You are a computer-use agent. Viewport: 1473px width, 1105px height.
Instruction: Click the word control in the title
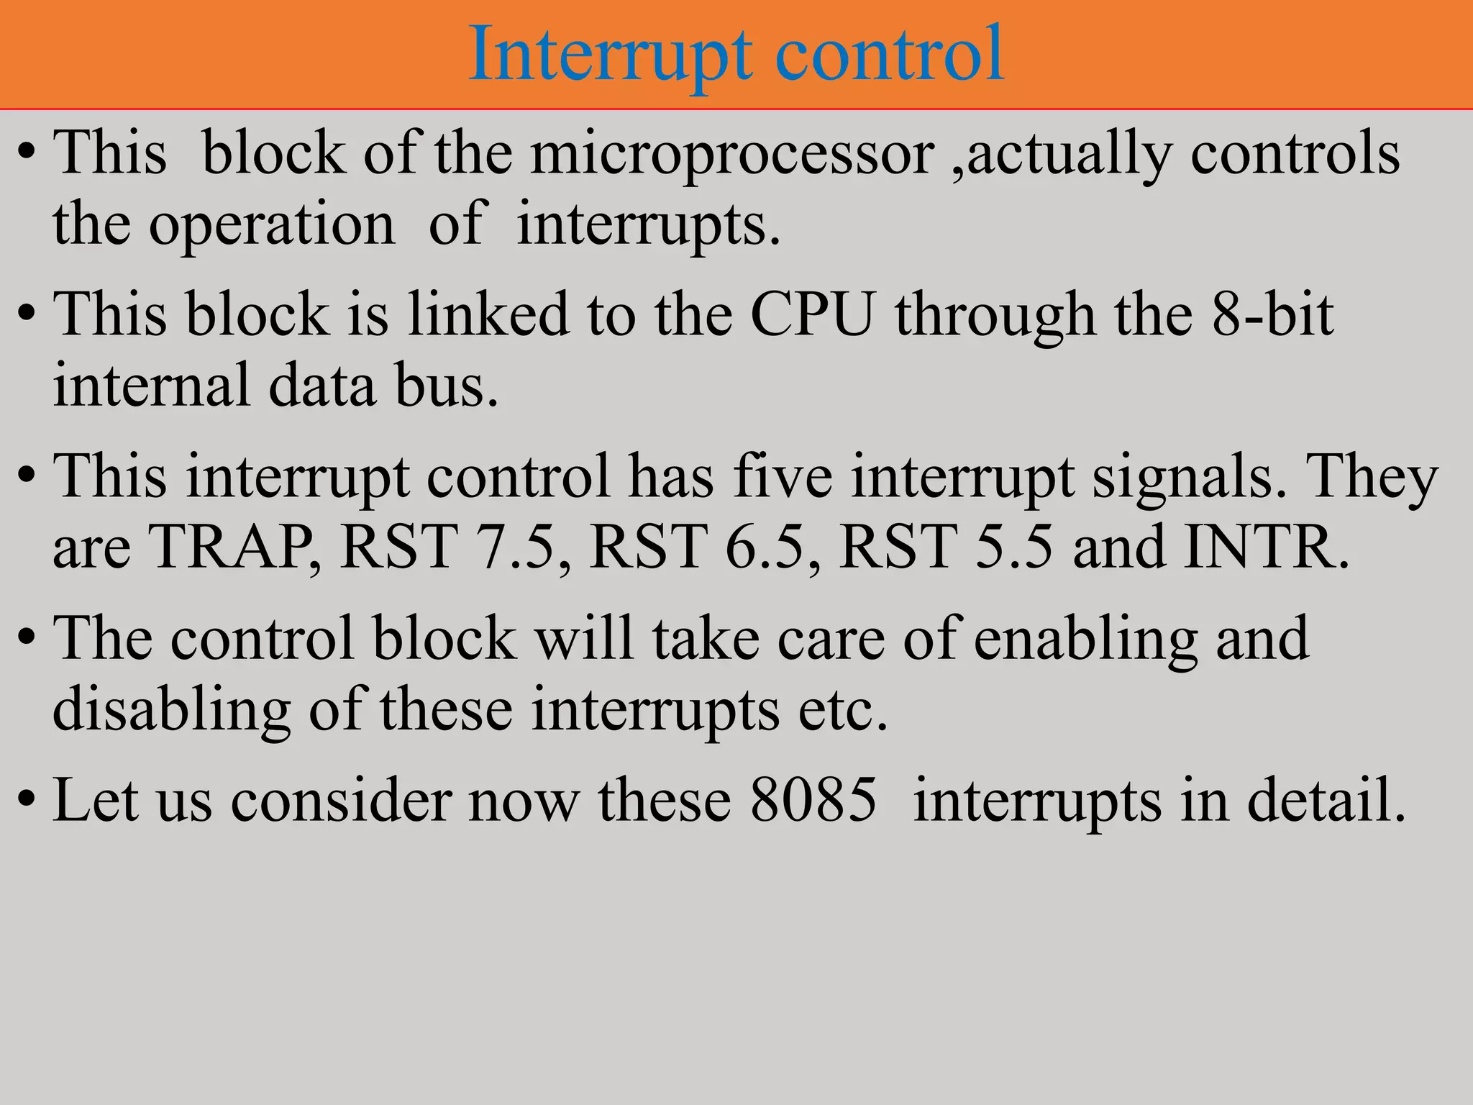click(890, 55)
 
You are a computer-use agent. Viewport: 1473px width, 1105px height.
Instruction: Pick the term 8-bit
click(1272, 314)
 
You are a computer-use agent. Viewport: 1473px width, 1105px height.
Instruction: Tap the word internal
click(151, 386)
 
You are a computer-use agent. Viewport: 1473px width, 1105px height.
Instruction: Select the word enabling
click(1085, 638)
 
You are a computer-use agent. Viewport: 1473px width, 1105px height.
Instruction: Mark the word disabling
click(172, 709)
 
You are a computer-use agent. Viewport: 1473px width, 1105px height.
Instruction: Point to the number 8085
click(813, 800)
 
